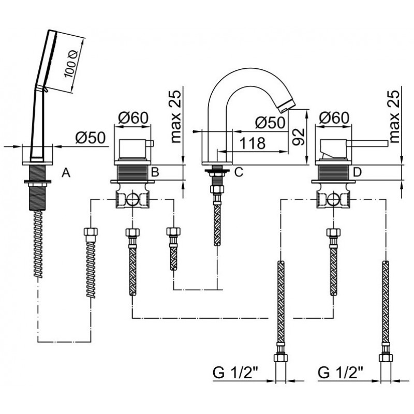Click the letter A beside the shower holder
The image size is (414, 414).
[66, 173]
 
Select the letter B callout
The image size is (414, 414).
[155, 172]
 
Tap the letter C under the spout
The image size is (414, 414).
[239, 172]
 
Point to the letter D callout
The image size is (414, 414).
[357, 172]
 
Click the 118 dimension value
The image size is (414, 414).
[253, 143]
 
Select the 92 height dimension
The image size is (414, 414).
[299, 137]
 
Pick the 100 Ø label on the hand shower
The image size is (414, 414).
[70, 64]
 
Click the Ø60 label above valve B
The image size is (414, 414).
[134, 118]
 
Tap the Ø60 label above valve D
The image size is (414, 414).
[334, 118]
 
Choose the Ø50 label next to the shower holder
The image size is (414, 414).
[90, 138]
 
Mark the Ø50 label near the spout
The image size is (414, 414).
[270, 123]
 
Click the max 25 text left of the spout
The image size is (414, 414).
[175, 117]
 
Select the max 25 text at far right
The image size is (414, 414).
[394, 117]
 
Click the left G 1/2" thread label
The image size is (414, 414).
[235, 373]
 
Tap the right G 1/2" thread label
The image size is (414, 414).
[341, 373]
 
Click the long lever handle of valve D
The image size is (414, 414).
[367, 143]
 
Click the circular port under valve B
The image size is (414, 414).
[132, 199]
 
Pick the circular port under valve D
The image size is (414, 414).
[333, 199]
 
